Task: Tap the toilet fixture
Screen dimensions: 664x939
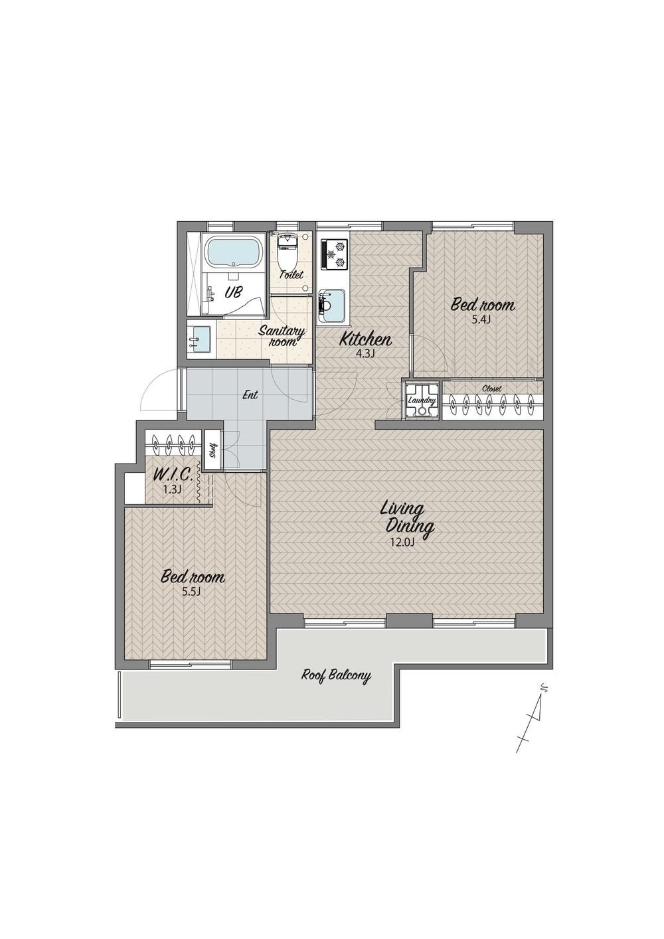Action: click(x=287, y=252)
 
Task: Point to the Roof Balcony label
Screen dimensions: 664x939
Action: click(x=337, y=676)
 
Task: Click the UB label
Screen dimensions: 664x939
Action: click(x=233, y=292)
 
